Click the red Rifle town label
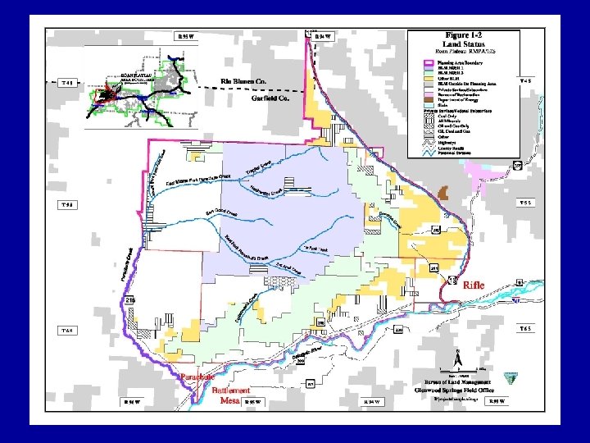tap(474, 285)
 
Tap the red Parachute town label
tap(197, 377)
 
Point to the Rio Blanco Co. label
tap(244, 82)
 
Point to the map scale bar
tap(463, 370)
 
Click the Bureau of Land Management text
tap(460, 383)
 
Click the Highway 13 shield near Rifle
tap(452, 280)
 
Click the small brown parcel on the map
tap(443, 193)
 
